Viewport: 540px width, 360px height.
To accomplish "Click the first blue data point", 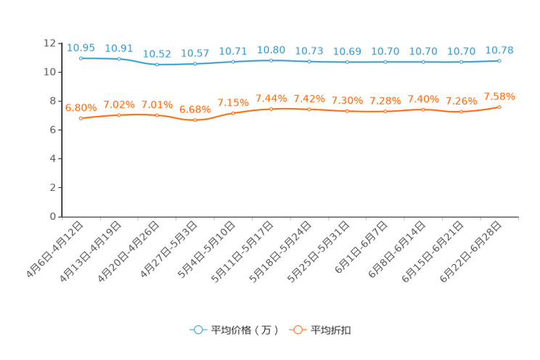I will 81,58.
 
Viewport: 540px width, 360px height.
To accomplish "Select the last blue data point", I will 499,61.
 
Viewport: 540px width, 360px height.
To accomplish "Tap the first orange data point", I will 81,118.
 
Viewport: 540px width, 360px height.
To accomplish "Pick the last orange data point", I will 499,107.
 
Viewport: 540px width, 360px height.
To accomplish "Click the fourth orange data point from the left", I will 195,120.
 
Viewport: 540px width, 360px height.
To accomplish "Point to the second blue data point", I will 119,59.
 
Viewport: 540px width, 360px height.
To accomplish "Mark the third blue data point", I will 157,65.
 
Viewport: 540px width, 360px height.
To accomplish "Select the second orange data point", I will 119,115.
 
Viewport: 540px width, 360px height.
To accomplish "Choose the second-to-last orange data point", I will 461,112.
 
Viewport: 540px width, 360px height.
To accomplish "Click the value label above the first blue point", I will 81,48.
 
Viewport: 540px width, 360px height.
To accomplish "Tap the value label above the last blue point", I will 499,50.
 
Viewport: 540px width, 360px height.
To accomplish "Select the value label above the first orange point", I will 81,108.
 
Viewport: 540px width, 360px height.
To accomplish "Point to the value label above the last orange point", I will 499,96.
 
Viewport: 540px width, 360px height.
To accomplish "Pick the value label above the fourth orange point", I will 195,110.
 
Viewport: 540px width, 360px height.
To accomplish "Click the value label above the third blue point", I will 157,54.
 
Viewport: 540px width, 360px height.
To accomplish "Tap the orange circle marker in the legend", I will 298,330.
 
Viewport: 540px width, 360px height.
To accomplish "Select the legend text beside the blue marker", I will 245,330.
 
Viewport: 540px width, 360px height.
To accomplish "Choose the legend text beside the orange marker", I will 332,330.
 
